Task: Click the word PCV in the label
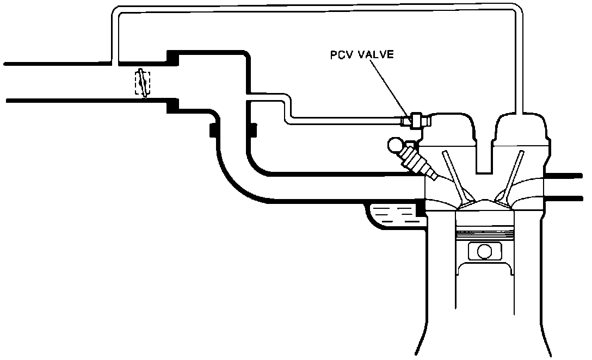click(342, 55)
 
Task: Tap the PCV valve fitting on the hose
click(417, 120)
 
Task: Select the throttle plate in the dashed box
click(143, 83)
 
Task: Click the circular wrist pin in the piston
click(483, 252)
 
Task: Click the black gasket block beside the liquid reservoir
click(420, 208)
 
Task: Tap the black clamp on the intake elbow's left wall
click(213, 131)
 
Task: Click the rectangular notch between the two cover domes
click(485, 152)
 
